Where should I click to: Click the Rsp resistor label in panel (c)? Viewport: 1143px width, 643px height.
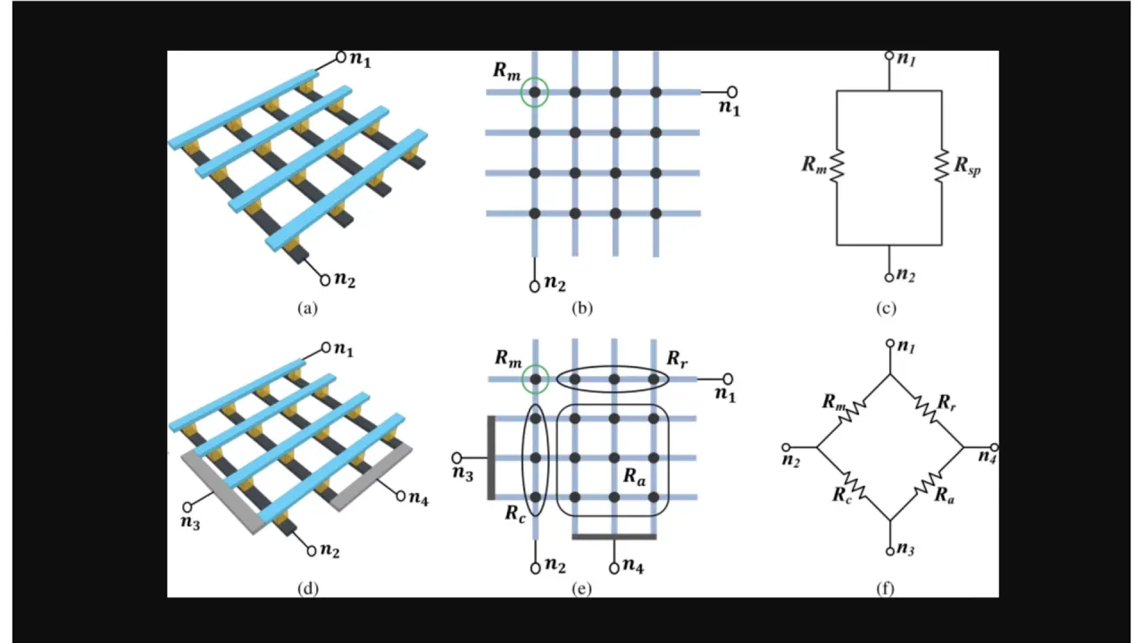pyautogui.click(x=967, y=166)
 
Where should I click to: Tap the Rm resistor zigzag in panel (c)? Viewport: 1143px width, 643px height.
pyautogui.click(x=837, y=166)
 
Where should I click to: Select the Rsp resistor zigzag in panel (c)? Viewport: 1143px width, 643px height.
pyautogui.click(x=941, y=166)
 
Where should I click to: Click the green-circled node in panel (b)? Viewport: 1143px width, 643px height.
pyautogui.click(x=534, y=92)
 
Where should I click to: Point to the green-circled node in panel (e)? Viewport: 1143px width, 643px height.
pyautogui.click(x=534, y=380)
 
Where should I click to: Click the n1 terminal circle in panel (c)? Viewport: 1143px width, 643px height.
pyautogui.click(x=889, y=55)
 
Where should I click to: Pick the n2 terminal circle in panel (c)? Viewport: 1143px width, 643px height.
pyautogui.click(x=889, y=277)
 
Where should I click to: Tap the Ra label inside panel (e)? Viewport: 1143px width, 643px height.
pyautogui.click(x=634, y=476)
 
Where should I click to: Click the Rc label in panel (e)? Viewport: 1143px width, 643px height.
pyautogui.click(x=514, y=514)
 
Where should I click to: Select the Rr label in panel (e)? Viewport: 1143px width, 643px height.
pyautogui.click(x=677, y=359)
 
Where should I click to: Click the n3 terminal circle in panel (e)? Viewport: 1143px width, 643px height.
pyautogui.click(x=456, y=457)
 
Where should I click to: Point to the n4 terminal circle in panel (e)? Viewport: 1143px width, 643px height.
pyautogui.click(x=614, y=567)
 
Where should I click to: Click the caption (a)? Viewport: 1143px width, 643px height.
pyautogui.click(x=307, y=309)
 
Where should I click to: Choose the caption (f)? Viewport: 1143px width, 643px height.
pyautogui.click(x=886, y=589)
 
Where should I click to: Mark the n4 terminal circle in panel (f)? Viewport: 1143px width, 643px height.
pyautogui.click(x=995, y=447)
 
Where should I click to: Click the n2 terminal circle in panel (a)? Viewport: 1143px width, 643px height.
pyautogui.click(x=325, y=279)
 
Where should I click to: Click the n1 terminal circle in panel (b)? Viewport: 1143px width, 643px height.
pyautogui.click(x=732, y=91)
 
